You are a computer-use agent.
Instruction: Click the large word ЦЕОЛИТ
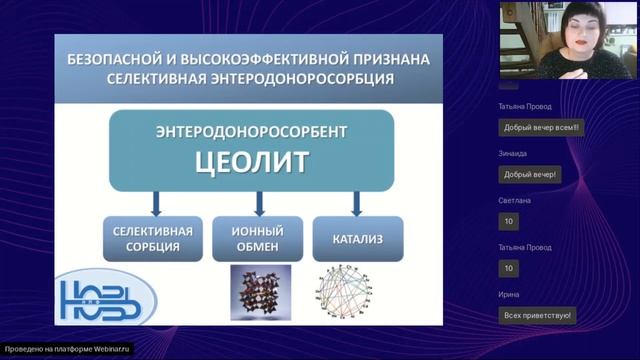251,161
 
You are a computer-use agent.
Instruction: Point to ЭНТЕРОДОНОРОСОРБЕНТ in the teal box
251,132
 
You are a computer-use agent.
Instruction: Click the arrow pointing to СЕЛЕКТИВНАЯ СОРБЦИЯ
156,203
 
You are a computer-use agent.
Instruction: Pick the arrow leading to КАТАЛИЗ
355,203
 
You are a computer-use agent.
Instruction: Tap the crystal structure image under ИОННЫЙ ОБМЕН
260,291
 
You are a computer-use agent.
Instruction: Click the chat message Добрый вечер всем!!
543,128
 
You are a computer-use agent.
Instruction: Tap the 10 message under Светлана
509,221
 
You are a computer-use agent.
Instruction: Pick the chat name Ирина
510,294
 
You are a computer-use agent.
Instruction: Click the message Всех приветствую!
537,315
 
